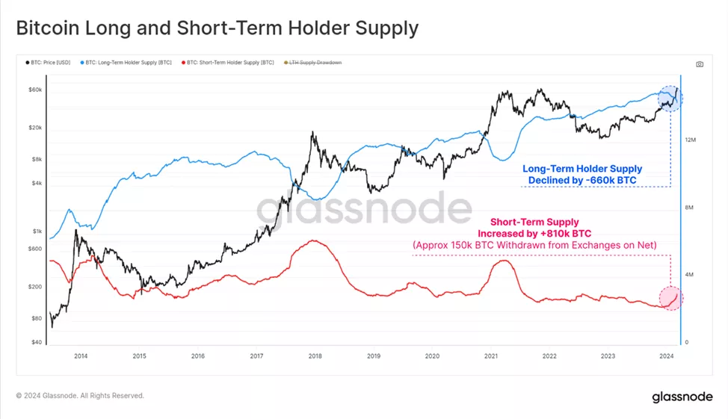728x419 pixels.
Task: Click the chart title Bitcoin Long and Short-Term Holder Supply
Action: click(217, 29)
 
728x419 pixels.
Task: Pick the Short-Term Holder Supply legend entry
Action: click(228, 63)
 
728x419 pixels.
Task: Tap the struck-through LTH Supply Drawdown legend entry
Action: click(315, 63)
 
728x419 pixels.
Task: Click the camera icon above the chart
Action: click(700, 64)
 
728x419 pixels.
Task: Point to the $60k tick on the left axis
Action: click(35, 90)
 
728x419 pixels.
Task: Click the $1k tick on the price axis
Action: click(37, 232)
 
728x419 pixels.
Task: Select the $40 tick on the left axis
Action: click(37, 343)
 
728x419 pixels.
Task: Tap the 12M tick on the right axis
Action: click(691, 140)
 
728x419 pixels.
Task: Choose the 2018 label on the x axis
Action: click(315, 356)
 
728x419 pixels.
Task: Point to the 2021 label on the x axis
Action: click(491, 356)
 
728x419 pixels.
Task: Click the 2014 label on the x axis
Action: click(81, 356)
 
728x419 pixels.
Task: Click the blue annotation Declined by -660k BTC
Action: click(582, 180)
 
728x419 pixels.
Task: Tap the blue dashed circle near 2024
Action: click(670, 98)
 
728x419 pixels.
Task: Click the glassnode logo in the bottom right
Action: click(682, 396)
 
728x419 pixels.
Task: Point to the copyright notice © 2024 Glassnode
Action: click(80, 396)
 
